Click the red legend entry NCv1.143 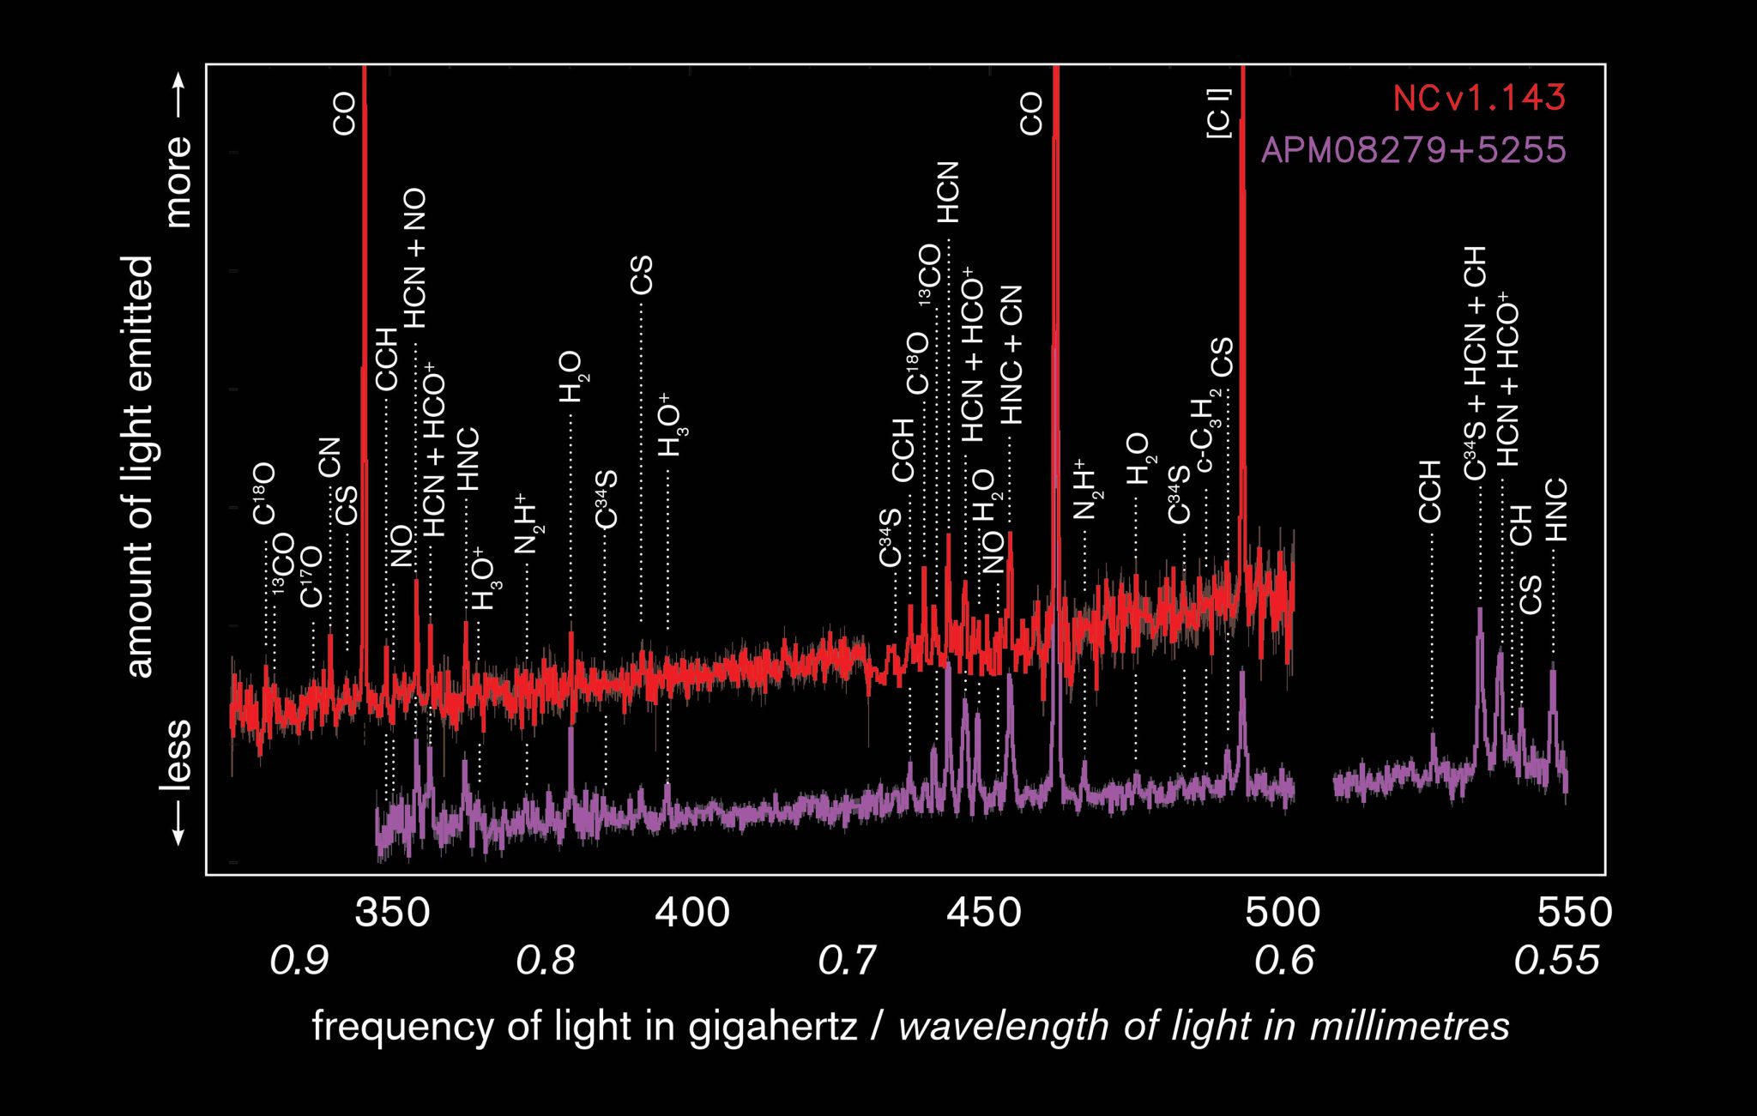1479,98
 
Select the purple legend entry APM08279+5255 1413,150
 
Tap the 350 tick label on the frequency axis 392,912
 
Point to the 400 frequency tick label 692,912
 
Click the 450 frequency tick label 984,912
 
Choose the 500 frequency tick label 1283,912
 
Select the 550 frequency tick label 1574,912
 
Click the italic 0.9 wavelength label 299,960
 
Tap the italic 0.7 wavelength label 847,960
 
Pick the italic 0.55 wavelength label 1556,960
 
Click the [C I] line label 1219,112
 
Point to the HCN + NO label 414,258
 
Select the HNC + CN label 1012,354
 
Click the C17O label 311,576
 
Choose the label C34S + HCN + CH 1475,363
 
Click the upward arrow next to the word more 178,94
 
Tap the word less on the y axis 177,754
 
